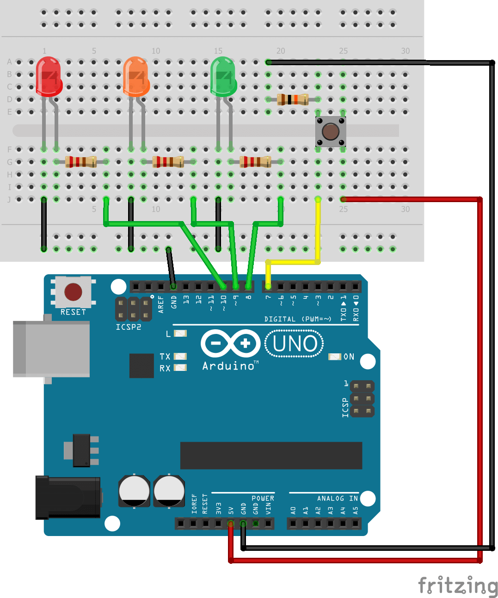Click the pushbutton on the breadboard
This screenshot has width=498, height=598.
coord(330,131)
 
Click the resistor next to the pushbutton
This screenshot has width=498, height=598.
coord(293,99)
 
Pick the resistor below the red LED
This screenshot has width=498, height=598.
coord(81,161)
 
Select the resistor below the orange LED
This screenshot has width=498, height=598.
coord(168,161)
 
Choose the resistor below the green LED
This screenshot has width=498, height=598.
coord(255,161)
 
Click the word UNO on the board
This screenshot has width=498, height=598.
coord(295,344)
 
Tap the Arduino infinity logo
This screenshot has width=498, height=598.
coord(230,343)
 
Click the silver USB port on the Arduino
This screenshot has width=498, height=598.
coord(51,349)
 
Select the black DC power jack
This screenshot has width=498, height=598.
coord(68,497)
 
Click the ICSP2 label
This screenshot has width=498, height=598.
coord(128,327)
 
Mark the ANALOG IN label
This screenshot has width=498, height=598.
coord(337,498)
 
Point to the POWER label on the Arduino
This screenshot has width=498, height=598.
coord(263,498)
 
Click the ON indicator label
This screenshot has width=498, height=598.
coord(349,357)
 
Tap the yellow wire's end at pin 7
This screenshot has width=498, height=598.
coord(268,286)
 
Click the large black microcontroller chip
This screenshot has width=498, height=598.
coord(271,456)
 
